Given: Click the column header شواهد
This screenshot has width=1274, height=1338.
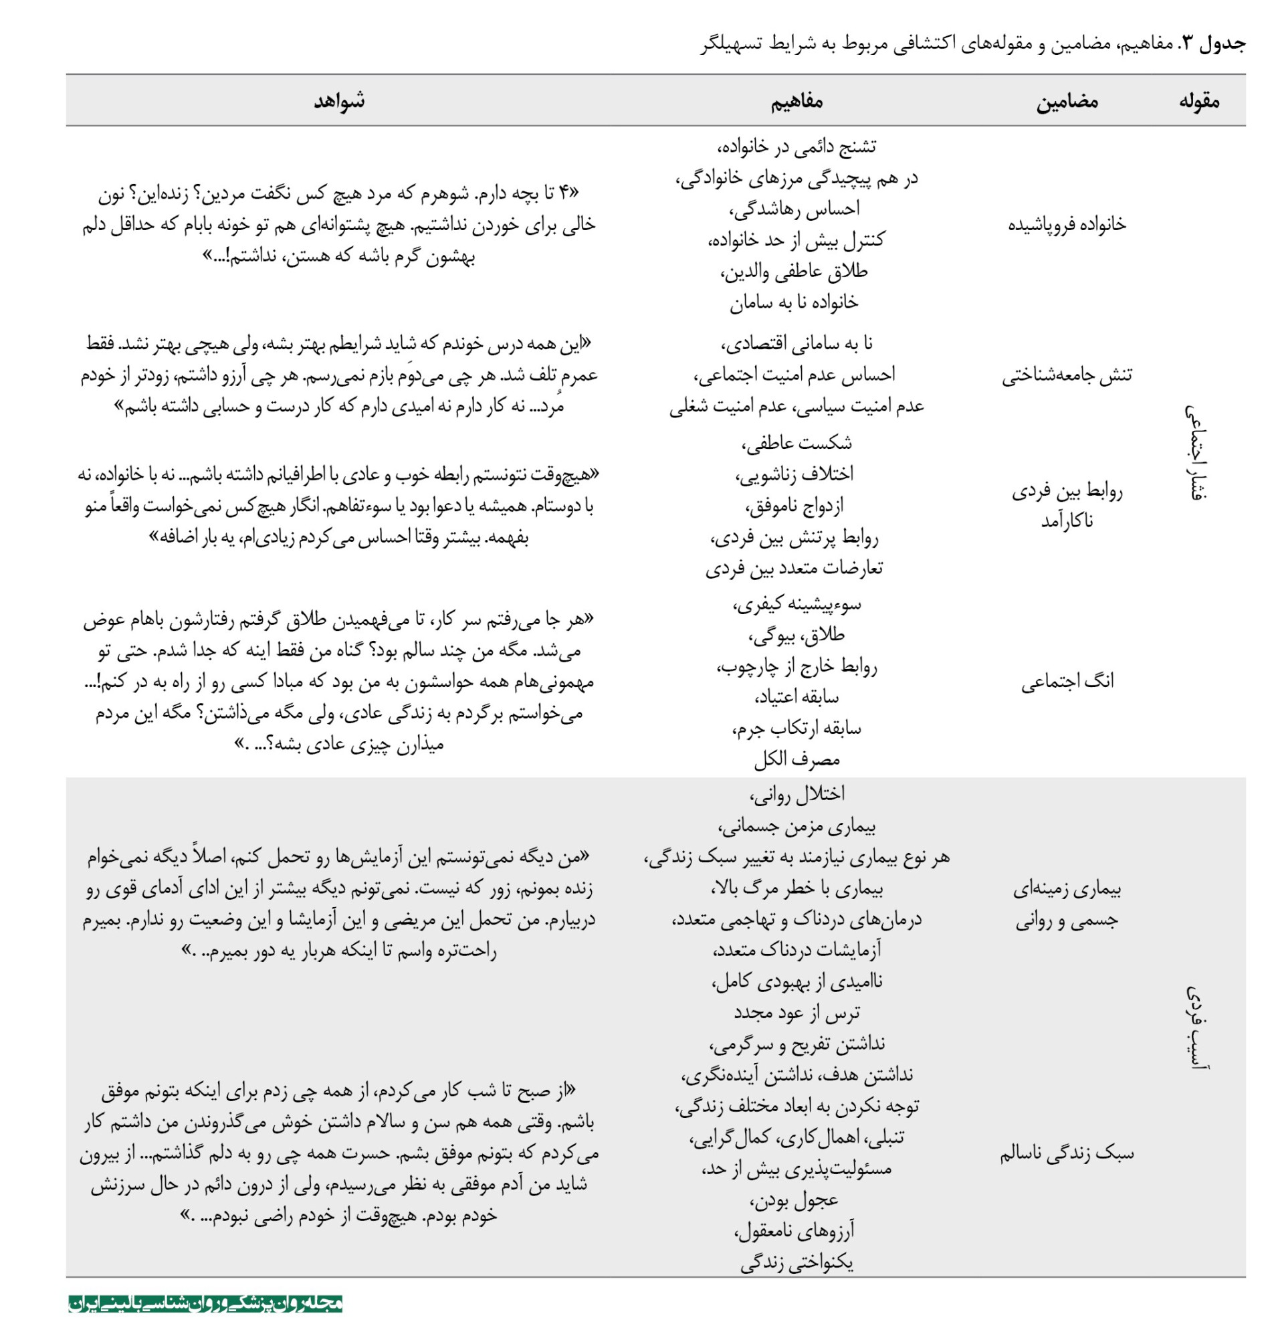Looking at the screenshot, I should click(x=339, y=101).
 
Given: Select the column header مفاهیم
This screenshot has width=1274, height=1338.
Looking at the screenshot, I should click(x=796, y=101).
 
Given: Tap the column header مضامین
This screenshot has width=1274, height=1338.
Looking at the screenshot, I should click(x=1066, y=102).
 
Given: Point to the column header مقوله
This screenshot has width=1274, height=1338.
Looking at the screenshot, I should click(x=1198, y=101).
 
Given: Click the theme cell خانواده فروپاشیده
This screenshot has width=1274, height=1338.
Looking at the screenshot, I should click(x=1066, y=224).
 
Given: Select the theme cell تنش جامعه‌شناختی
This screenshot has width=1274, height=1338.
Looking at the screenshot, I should click(x=1066, y=375).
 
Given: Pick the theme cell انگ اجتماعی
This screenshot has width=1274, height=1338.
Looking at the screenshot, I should click(x=1067, y=681).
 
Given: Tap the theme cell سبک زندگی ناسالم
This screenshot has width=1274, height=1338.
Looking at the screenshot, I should click(x=1066, y=1153).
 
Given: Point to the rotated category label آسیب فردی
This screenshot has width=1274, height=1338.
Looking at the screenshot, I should click(x=1196, y=1027).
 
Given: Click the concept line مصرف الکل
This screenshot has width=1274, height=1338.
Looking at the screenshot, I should click(x=796, y=759).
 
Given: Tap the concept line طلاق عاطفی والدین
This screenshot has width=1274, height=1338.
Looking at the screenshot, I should click(x=794, y=272).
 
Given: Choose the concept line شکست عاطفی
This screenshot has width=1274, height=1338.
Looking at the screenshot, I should click(x=796, y=444).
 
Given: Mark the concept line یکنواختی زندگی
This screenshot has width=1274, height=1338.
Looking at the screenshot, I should click(x=796, y=1262).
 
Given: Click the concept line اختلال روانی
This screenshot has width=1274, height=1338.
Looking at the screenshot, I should click(x=796, y=794).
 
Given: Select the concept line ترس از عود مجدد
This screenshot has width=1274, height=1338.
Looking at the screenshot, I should click(x=796, y=1012).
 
